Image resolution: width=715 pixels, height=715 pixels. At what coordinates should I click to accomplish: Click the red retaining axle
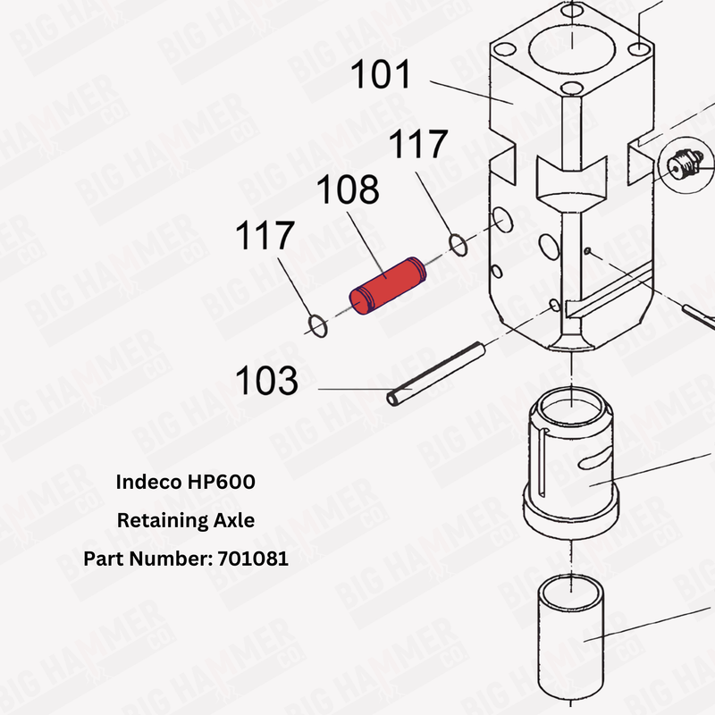click(387, 286)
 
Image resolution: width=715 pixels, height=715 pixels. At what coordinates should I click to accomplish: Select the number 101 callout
click(381, 75)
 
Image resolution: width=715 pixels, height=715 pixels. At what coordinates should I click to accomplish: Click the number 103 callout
click(266, 382)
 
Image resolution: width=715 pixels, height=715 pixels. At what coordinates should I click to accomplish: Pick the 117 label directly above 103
click(265, 237)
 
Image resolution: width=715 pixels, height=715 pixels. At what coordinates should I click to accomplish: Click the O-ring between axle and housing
click(457, 243)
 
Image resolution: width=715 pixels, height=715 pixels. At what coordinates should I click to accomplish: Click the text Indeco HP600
click(186, 482)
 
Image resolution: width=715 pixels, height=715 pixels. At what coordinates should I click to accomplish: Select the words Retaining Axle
click(186, 520)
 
